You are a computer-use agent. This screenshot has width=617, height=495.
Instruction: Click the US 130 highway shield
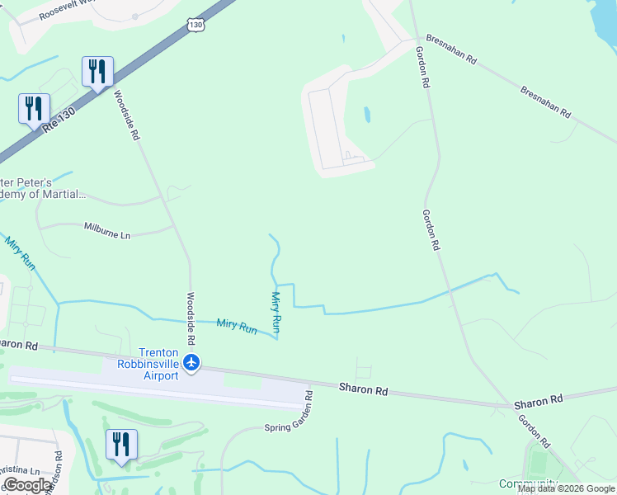(x=195, y=26)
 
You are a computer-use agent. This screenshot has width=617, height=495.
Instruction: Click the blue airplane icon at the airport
(x=191, y=361)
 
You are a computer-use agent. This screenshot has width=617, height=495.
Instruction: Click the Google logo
(x=27, y=485)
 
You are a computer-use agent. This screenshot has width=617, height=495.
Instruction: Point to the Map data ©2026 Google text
(x=566, y=488)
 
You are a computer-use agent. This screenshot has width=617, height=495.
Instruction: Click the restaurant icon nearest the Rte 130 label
(x=34, y=108)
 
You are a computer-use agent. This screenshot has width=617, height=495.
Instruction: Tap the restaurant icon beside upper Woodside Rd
(x=97, y=71)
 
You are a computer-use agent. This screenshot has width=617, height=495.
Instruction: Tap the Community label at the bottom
(x=528, y=483)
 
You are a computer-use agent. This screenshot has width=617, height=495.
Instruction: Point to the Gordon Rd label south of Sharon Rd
(x=535, y=430)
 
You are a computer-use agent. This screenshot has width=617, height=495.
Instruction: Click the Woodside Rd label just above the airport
(x=191, y=318)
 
